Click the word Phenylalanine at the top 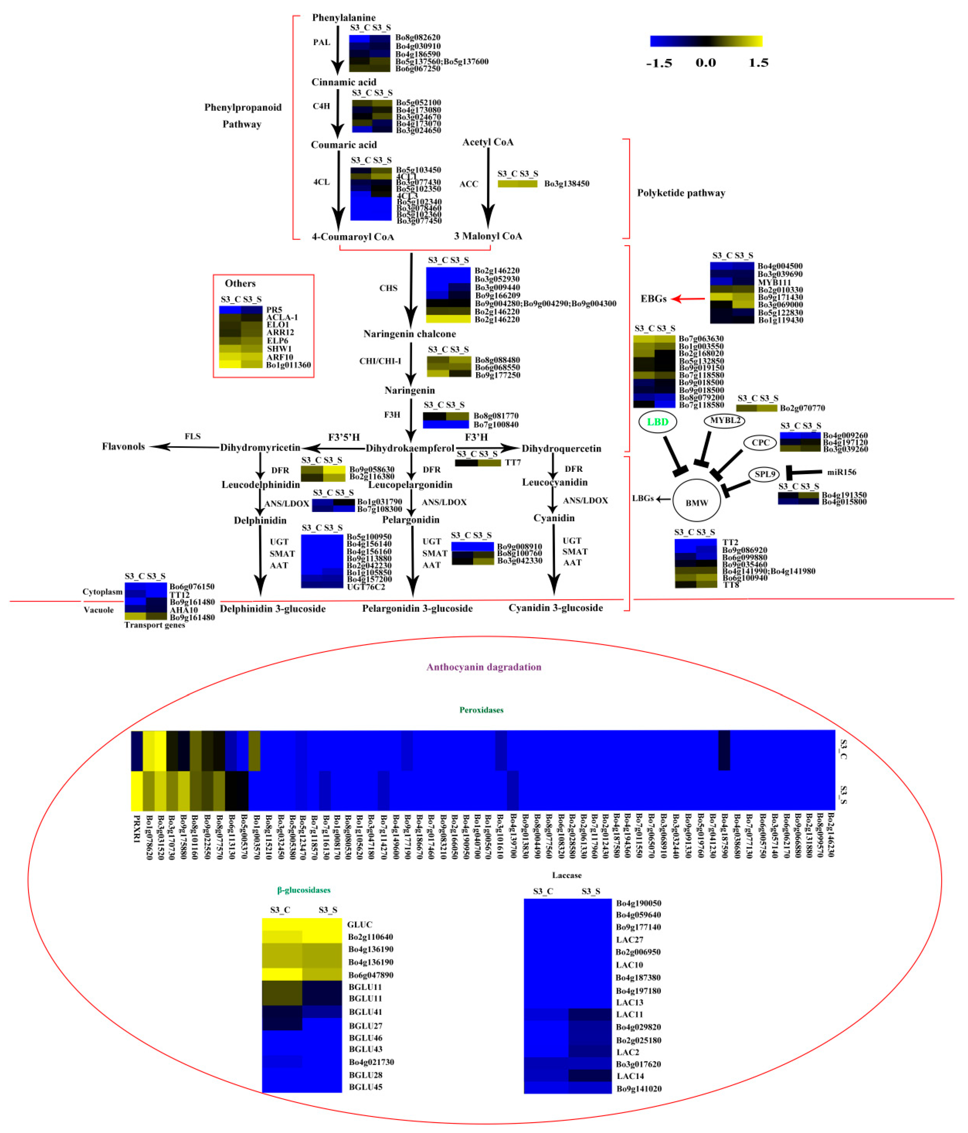coord(343,18)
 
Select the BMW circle coord(696,502)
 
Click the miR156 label coord(841,472)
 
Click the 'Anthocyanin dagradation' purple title coord(484,667)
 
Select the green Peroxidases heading coord(481,710)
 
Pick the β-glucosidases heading coord(303,890)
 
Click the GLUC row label coord(359,924)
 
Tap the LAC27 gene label coord(629,939)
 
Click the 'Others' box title coord(240,283)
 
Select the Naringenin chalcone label coord(409,334)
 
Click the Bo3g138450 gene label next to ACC coord(567,184)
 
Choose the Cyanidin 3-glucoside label coord(556,607)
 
